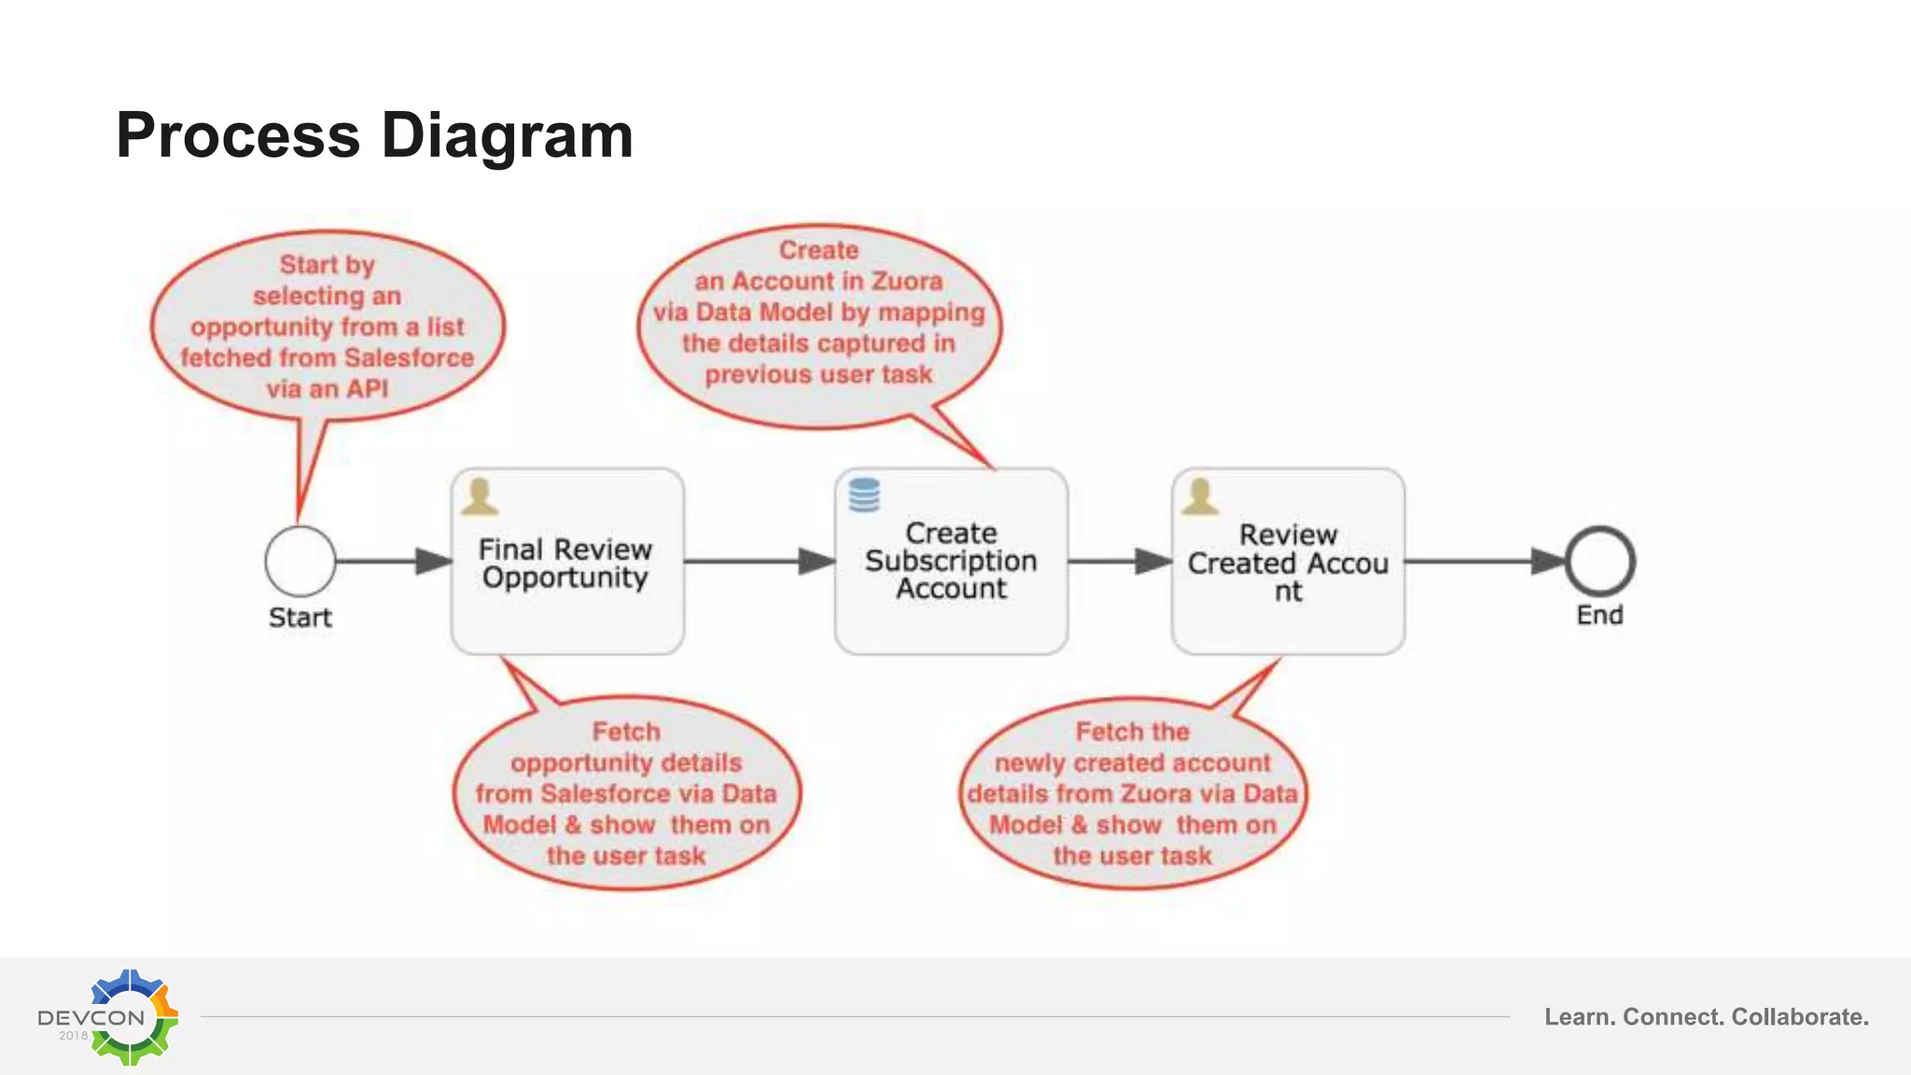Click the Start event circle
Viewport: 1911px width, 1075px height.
[x=300, y=561]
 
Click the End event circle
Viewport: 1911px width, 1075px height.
[x=1599, y=561]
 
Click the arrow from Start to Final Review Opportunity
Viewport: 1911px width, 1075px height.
[x=393, y=561]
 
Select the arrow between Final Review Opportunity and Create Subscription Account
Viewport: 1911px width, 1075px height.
[x=759, y=561]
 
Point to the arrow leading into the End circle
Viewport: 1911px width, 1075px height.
[x=1484, y=561]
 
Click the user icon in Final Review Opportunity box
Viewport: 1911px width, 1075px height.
[x=480, y=496]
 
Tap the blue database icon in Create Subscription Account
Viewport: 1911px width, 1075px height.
[x=864, y=496]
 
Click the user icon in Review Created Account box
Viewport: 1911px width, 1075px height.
[x=1200, y=496]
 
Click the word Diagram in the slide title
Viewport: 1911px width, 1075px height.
[x=507, y=136]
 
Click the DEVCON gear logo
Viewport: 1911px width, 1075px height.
[x=131, y=1017]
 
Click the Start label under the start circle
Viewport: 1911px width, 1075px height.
[x=300, y=618]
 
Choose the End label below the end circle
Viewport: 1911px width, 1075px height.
[x=1599, y=615]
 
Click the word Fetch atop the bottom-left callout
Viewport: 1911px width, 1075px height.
[x=626, y=732]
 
